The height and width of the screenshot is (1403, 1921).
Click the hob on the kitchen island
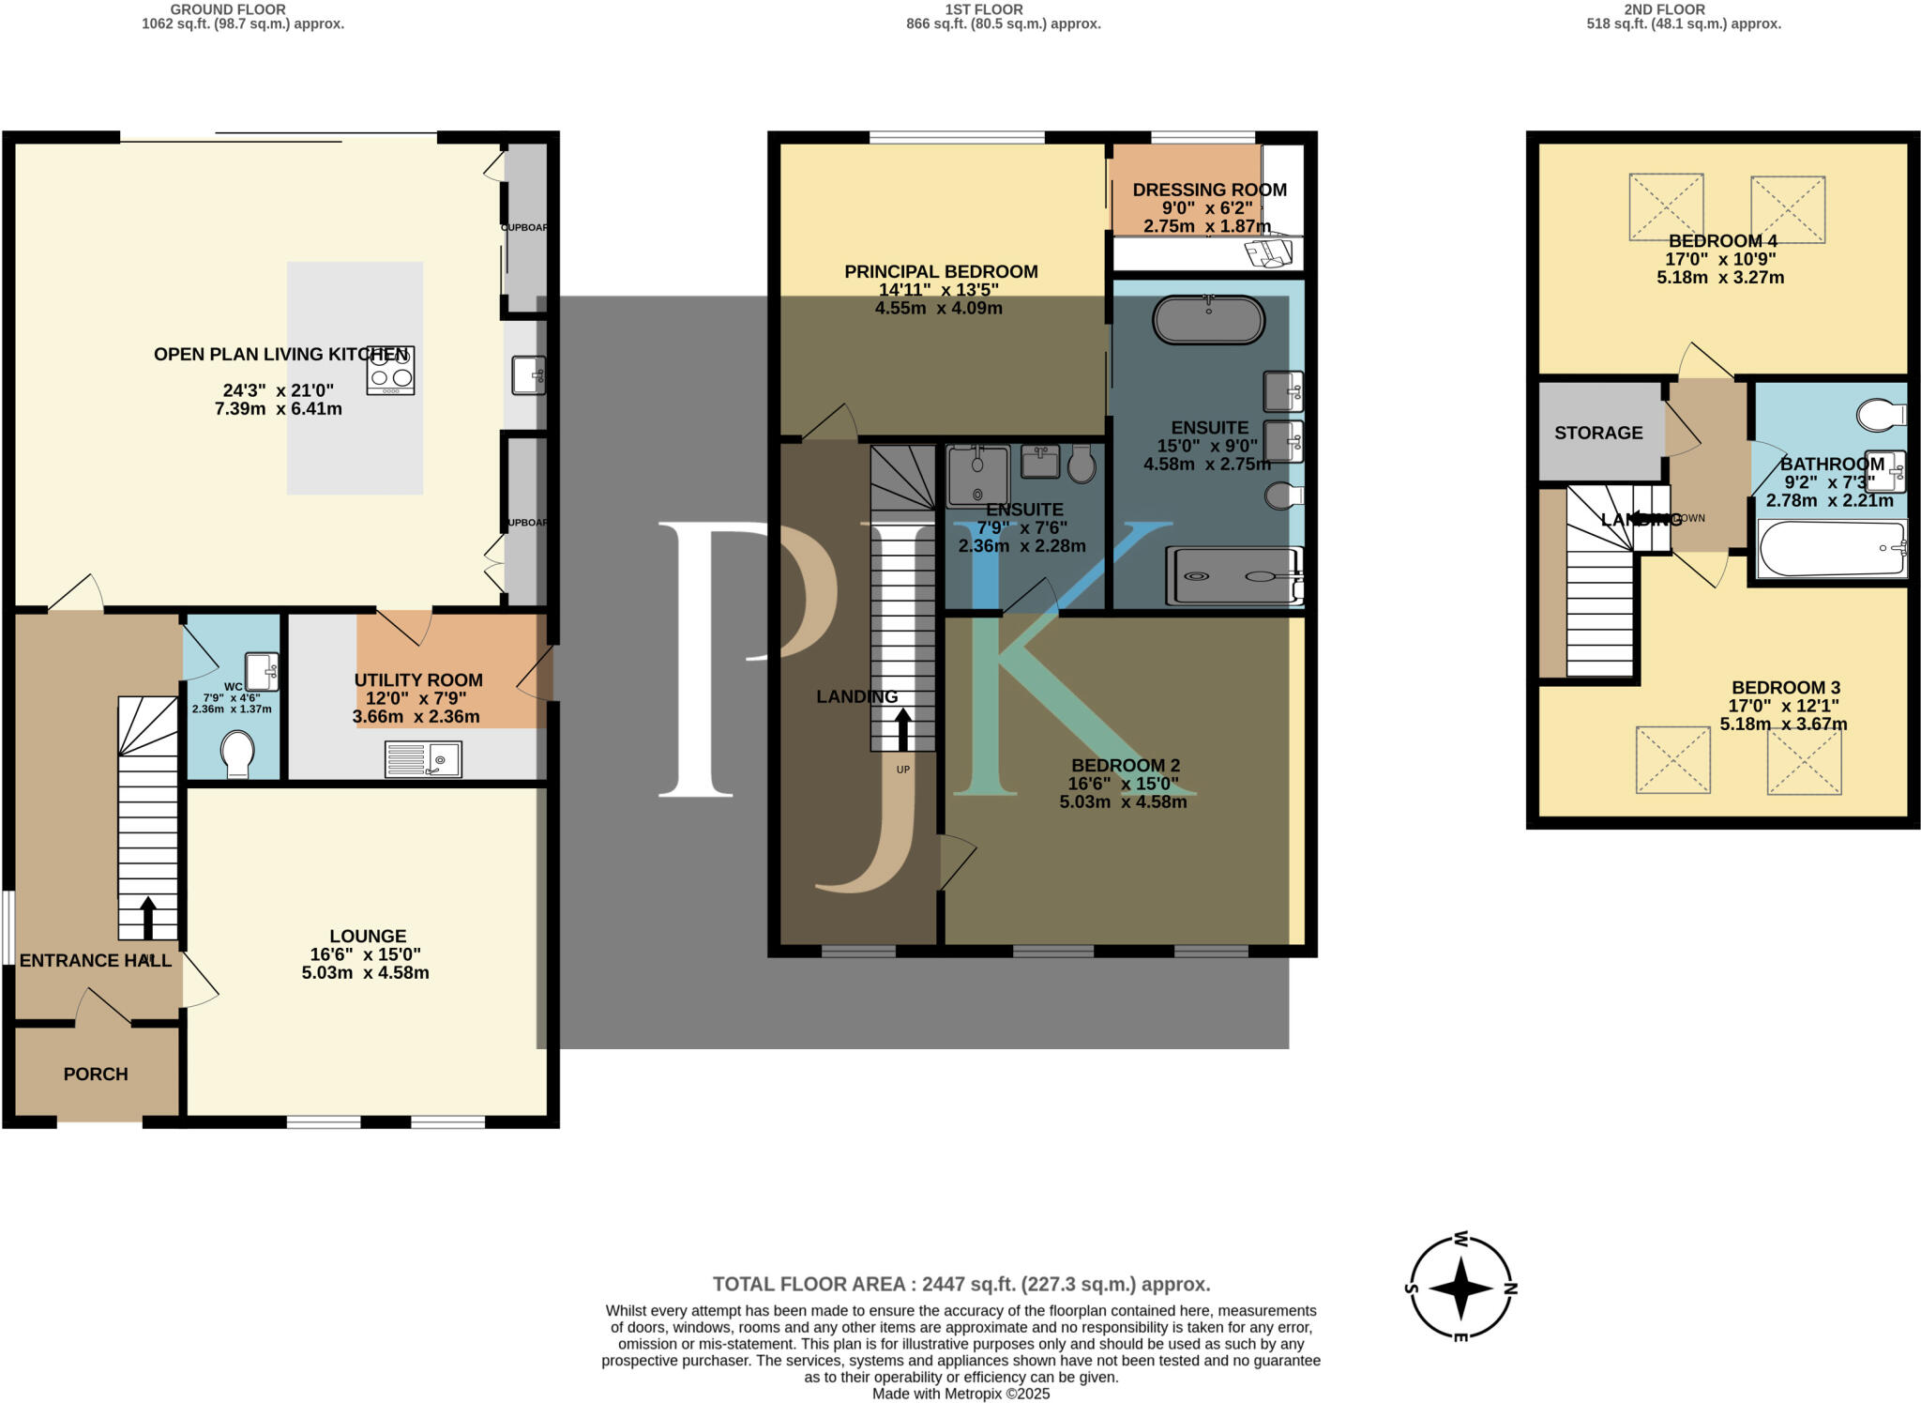coord(390,371)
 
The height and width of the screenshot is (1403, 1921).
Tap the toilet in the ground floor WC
coord(236,755)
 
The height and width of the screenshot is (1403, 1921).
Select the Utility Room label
coord(418,680)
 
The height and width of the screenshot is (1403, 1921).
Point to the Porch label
coord(96,1074)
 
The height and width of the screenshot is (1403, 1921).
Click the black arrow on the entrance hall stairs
coord(147,918)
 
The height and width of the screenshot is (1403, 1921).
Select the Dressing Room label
coord(1209,190)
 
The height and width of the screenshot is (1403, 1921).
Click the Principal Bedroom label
coord(941,272)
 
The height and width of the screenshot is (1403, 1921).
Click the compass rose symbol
coord(1460,1288)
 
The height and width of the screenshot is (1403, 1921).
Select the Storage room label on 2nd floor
coord(1598,434)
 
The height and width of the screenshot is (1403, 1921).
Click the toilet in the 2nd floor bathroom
coord(1880,415)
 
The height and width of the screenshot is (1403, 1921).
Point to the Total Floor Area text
coord(960,1284)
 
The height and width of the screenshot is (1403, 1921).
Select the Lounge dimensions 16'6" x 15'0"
coord(365,954)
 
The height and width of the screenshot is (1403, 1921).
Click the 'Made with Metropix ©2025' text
coord(960,1394)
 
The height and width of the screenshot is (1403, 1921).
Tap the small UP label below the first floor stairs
coord(902,770)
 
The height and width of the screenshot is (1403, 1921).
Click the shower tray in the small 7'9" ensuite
coord(978,477)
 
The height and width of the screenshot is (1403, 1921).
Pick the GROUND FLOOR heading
coord(228,9)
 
